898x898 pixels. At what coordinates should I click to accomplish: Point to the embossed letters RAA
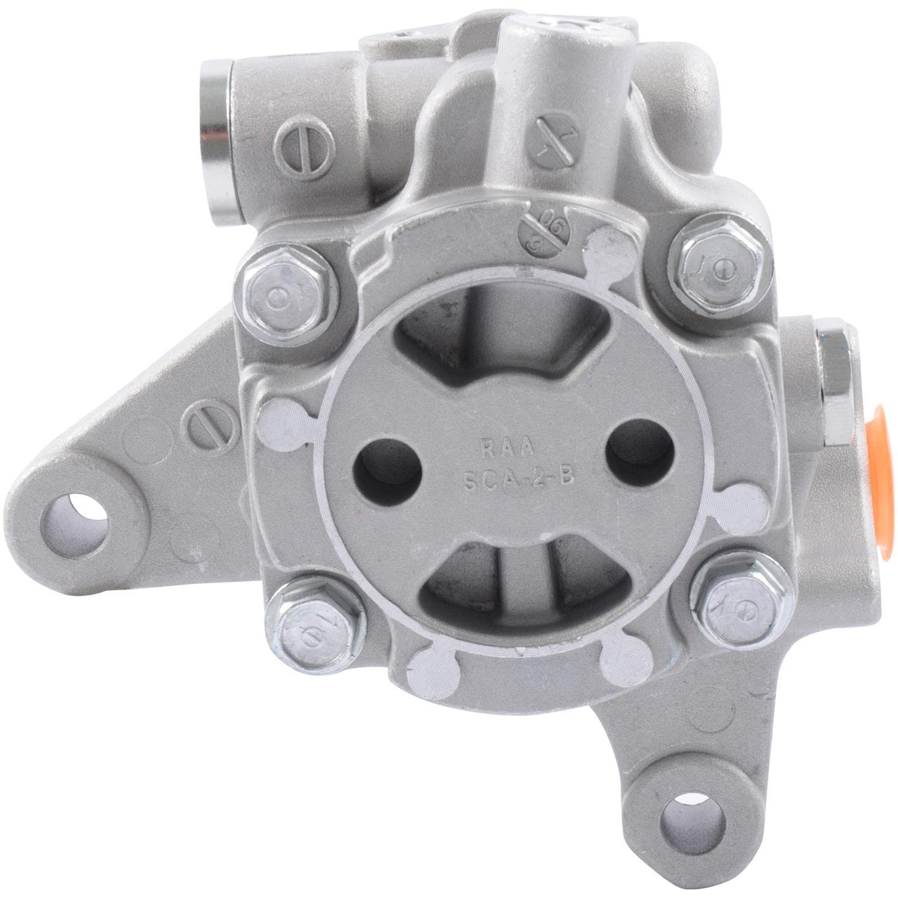tap(510, 446)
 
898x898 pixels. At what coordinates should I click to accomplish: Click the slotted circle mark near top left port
tap(291, 142)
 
